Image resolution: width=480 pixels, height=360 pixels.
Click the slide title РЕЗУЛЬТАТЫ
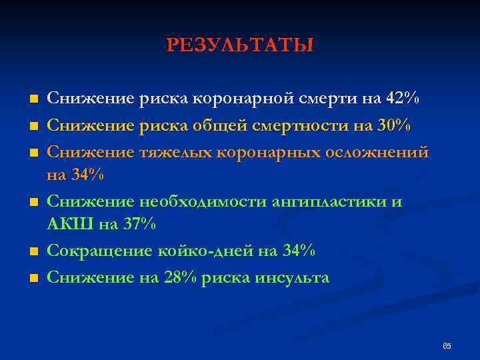(x=240, y=45)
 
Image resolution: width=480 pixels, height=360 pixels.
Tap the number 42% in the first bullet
(x=403, y=99)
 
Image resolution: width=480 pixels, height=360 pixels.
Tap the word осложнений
(x=377, y=151)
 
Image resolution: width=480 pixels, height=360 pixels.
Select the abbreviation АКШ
(x=70, y=225)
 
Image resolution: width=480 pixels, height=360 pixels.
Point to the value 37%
(x=139, y=225)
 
